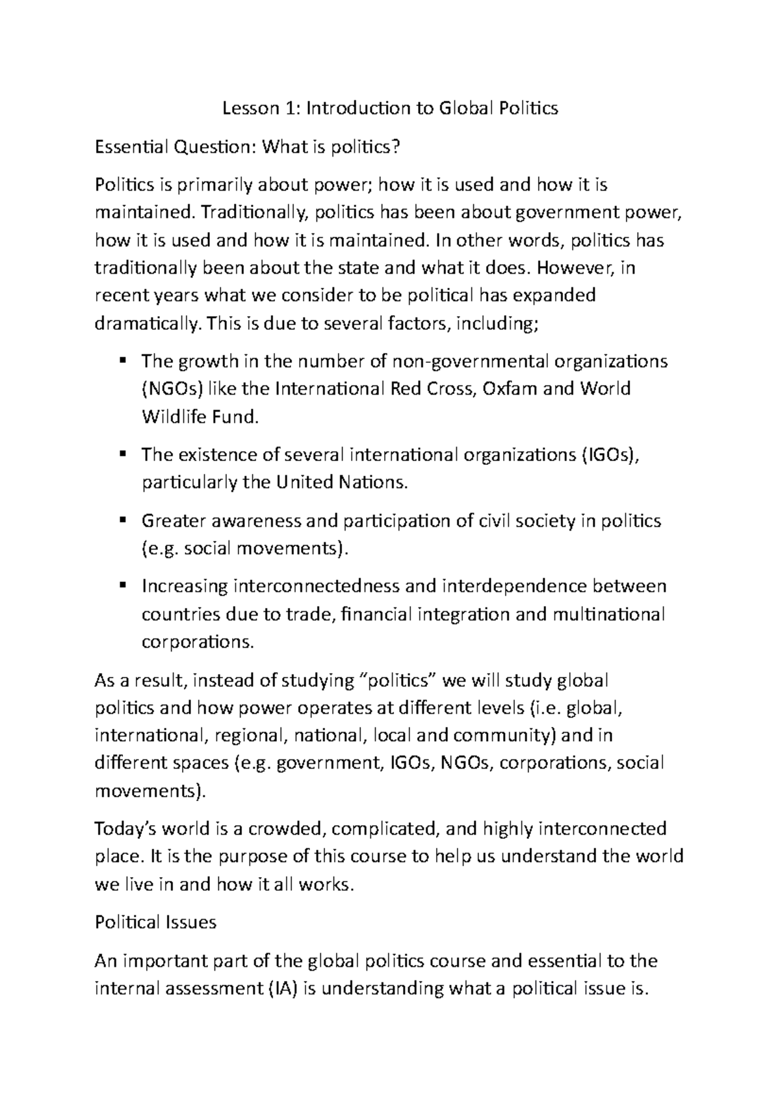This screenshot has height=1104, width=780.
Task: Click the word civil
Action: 496,521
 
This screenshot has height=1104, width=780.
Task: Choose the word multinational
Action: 609,614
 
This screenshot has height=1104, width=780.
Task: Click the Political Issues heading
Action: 155,923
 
